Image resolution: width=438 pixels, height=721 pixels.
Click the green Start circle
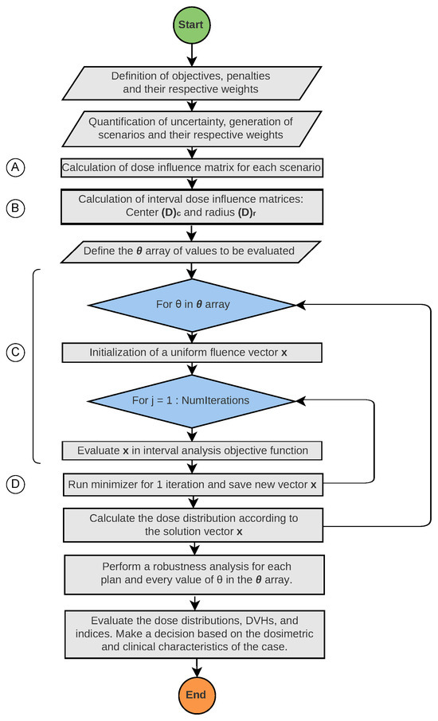point(191,25)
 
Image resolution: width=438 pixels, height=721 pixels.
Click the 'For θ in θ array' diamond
point(191,305)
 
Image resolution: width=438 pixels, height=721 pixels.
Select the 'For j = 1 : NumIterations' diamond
point(191,400)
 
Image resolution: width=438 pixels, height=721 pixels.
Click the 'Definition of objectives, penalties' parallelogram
point(191,84)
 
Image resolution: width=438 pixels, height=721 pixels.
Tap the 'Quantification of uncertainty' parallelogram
point(191,128)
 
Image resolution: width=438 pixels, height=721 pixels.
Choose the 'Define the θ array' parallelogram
point(191,251)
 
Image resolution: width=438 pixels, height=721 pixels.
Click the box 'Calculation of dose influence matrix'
point(191,168)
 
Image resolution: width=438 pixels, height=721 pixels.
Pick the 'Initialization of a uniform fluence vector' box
point(191,353)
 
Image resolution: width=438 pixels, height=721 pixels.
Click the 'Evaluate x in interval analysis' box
point(191,450)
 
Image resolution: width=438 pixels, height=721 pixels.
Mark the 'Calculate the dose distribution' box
point(191,524)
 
